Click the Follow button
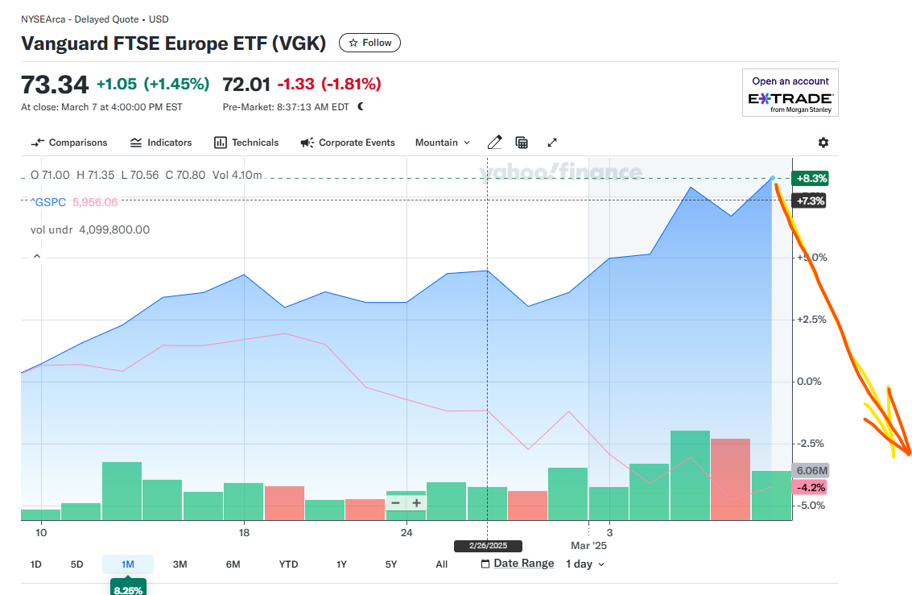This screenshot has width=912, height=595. click(369, 43)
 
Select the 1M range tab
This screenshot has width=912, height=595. click(127, 564)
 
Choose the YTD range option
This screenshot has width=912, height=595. click(288, 564)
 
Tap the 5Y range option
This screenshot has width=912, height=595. click(391, 564)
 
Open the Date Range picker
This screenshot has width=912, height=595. click(518, 564)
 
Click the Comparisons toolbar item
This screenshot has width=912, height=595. click(69, 143)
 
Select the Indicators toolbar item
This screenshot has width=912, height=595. click(161, 143)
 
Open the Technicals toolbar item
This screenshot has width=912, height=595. click(246, 143)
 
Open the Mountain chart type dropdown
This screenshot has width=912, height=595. click(442, 143)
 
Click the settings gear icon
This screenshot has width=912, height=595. click(823, 143)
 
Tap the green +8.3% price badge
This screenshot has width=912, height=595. click(810, 179)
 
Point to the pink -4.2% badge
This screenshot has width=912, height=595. click(810, 487)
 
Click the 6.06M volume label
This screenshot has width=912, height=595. click(811, 471)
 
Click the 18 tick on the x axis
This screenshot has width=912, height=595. click(244, 533)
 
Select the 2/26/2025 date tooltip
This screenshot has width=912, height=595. click(488, 546)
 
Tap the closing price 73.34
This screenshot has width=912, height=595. click(55, 84)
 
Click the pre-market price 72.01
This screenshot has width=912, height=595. click(246, 84)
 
